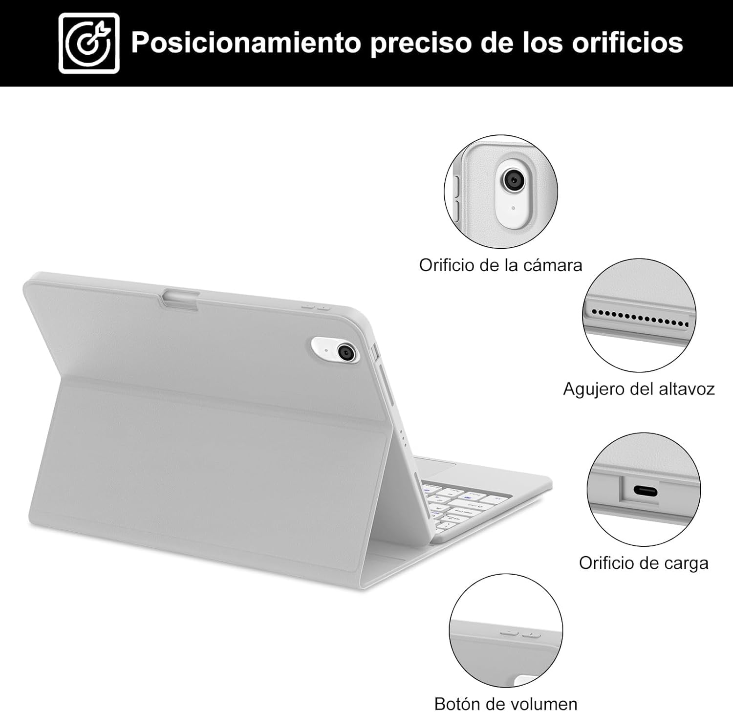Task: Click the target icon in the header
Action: (89, 43)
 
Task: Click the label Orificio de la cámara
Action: (500, 265)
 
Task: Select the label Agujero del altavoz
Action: (639, 389)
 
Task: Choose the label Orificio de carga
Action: (644, 563)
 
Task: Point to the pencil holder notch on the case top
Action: (181, 298)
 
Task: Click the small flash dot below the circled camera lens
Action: (513, 208)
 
